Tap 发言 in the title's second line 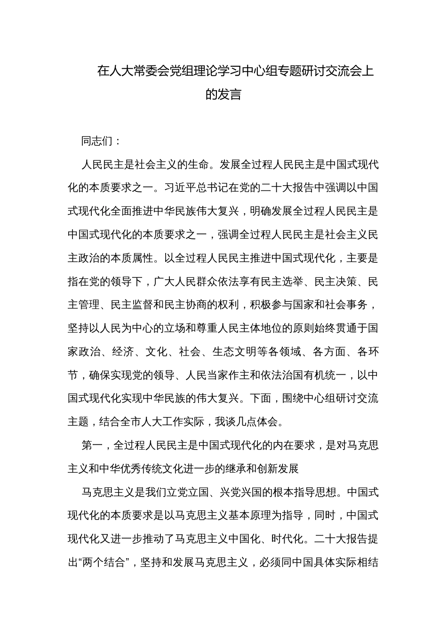pyautogui.click(x=230, y=95)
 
